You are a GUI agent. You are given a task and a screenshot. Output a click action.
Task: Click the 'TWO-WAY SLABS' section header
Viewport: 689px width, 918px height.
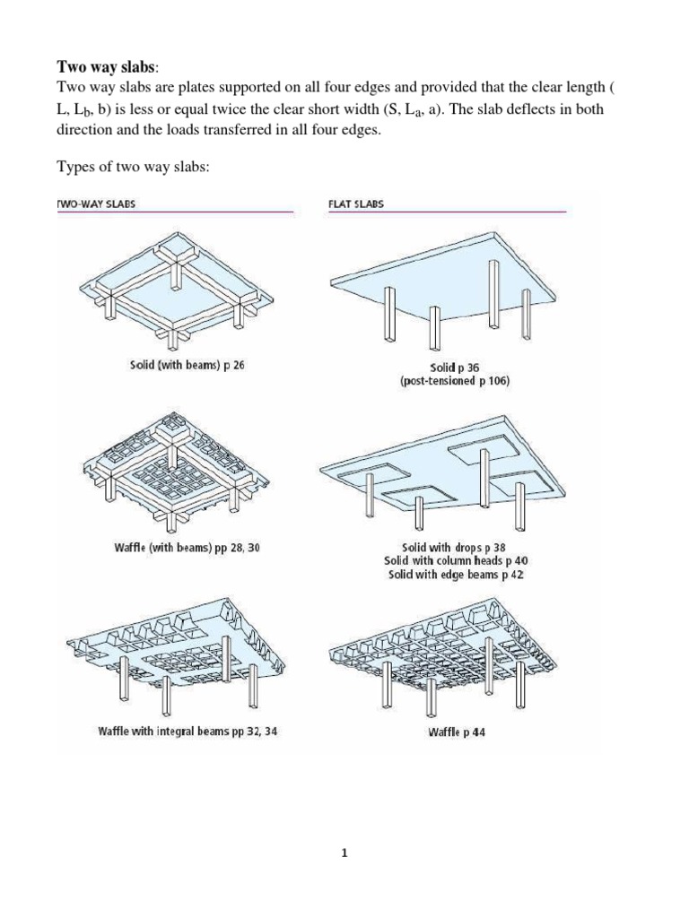click(x=97, y=204)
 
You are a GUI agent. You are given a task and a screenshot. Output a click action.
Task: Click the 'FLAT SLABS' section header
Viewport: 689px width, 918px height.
click(x=356, y=204)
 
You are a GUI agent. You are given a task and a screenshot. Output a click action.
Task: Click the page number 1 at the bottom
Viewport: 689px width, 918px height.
click(x=344, y=853)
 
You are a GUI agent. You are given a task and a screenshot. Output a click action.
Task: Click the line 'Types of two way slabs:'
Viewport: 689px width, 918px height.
click(x=134, y=167)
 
